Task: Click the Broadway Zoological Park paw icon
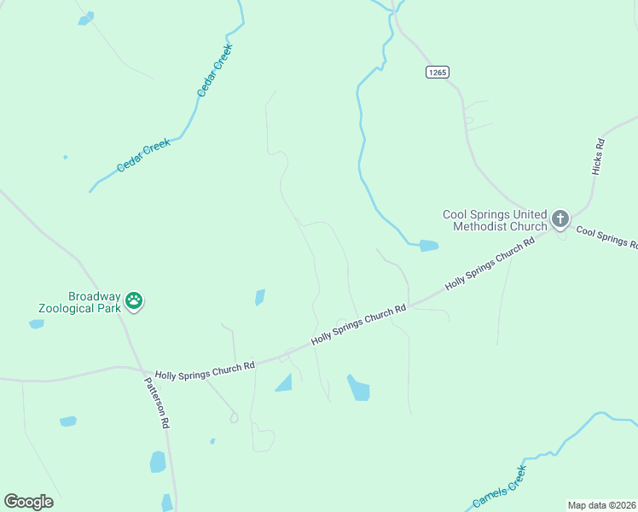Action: pos(134,300)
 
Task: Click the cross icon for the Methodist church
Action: pos(560,218)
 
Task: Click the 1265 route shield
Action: pos(437,73)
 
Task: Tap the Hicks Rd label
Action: pos(599,156)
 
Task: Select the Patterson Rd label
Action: pos(157,403)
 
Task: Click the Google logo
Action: pos(28,501)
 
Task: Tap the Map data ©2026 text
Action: pos(602,505)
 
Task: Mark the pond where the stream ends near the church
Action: pos(428,246)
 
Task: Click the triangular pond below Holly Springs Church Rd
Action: pos(284,382)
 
